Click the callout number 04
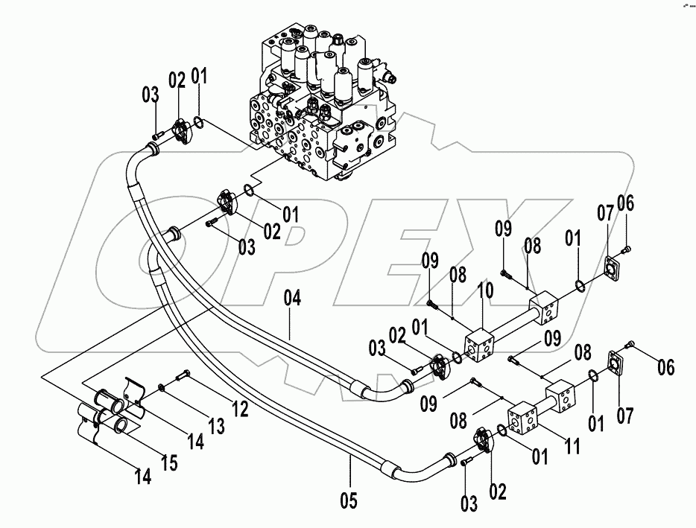[291, 300]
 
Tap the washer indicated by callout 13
[161, 387]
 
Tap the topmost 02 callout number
[177, 80]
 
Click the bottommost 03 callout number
[468, 505]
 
